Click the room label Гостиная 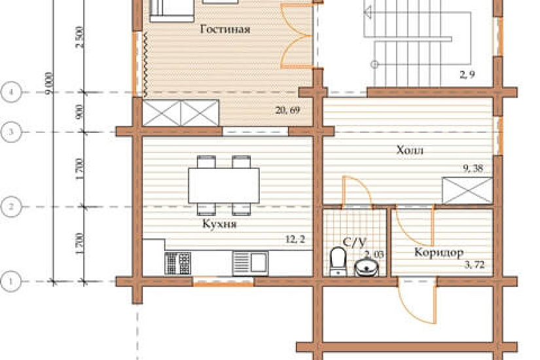tap(225, 29)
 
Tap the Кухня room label tap(219, 224)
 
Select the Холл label tap(410, 150)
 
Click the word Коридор tap(439, 253)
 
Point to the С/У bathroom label tap(354, 243)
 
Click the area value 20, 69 tap(287, 111)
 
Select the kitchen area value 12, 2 tap(295, 239)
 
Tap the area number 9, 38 tap(473, 168)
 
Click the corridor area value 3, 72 tap(475, 264)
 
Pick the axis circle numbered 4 tap(11, 92)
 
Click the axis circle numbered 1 tap(10, 281)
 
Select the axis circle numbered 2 tap(11, 207)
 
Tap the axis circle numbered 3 tap(11, 132)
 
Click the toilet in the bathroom tap(338, 261)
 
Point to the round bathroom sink tap(367, 267)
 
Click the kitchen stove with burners tap(177, 263)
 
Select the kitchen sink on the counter tap(251, 263)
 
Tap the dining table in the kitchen tap(224, 186)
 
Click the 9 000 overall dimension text tap(49, 84)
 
